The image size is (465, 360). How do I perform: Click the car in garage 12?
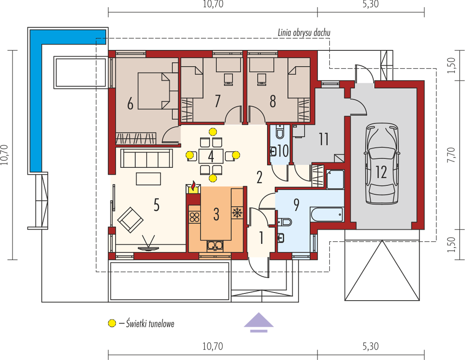pyautogui.click(x=381, y=164)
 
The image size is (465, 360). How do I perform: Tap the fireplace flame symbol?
pyautogui.click(x=193, y=186)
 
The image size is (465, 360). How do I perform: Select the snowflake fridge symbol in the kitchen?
pyautogui.click(x=237, y=212)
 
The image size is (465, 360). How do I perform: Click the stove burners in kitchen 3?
pyautogui.click(x=194, y=217)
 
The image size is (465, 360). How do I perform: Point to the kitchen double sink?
pyautogui.click(x=215, y=245)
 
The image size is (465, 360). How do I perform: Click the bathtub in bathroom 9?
pyautogui.click(x=326, y=214)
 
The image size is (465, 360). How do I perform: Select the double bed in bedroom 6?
pyautogui.click(x=154, y=91)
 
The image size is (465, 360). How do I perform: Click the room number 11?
pyautogui.click(x=323, y=139)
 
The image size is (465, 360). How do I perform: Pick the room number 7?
pyautogui.click(x=218, y=101)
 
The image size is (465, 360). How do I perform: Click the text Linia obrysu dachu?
pyautogui.click(x=304, y=33)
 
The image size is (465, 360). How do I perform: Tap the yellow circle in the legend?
pyautogui.click(x=112, y=323)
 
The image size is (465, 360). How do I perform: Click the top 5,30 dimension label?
pyautogui.click(x=371, y=4)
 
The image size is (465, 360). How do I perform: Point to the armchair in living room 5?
pyautogui.click(x=130, y=220)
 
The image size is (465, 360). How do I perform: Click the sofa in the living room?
pyautogui.click(x=147, y=158)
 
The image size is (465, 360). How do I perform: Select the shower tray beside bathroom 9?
pyautogui.click(x=335, y=179)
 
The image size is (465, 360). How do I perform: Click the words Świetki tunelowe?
pyautogui.click(x=150, y=323)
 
